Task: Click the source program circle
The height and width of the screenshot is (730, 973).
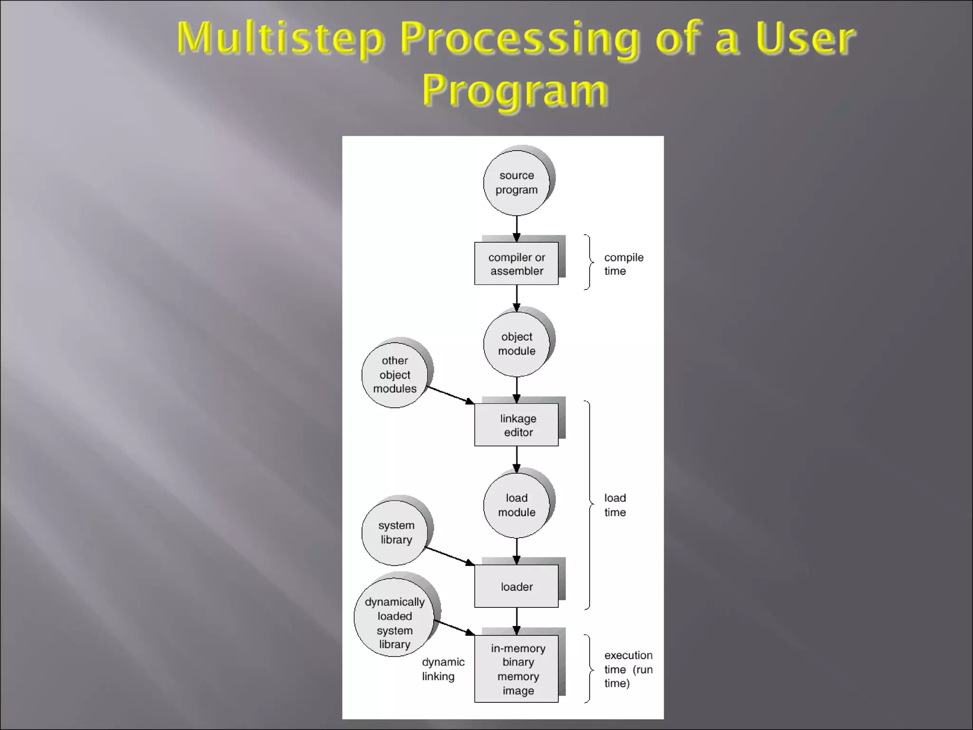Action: (516, 183)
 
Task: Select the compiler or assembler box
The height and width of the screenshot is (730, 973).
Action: (516, 264)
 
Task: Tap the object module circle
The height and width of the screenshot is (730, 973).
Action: (516, 344)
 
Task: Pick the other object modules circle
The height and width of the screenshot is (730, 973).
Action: (394, 375)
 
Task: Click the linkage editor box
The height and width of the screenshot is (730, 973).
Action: (516, 425)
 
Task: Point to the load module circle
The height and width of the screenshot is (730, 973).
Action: (516, 505)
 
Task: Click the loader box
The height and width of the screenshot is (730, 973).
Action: (516, 586)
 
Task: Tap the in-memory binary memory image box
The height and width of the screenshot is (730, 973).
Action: (516, 669)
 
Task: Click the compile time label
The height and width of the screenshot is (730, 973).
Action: (623, 264)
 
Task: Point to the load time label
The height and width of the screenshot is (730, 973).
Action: (615, 505)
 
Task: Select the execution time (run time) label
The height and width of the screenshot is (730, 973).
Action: (628, 669)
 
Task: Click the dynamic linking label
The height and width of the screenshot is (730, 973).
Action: (443, 669)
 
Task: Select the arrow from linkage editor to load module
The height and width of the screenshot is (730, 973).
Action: (517, 459)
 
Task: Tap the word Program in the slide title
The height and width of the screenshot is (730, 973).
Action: (515, 90)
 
